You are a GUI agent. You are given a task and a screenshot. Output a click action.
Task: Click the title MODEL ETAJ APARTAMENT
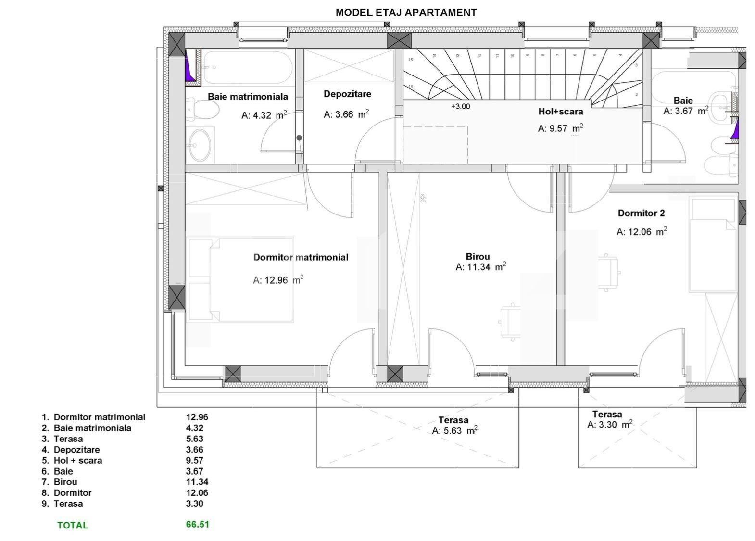406,13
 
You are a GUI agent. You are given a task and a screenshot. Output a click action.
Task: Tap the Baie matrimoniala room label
248,97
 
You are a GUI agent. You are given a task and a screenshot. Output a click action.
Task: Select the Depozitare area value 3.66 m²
346,114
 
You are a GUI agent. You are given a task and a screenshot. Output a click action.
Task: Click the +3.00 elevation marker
460,107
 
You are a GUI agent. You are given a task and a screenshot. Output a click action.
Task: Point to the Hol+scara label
560,112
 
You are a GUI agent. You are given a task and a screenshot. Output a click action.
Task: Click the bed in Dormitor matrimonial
240,279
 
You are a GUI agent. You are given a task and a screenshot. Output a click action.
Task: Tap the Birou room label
478,257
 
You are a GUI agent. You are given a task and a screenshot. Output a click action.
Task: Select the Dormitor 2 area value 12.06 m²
642,232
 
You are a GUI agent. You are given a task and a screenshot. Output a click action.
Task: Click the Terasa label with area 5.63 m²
453,420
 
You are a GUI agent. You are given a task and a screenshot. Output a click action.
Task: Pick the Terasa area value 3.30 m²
609,425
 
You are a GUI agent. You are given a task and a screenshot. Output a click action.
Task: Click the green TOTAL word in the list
73,526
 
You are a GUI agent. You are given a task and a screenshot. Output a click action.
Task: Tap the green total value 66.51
197,524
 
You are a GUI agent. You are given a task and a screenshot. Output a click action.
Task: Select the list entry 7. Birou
59,482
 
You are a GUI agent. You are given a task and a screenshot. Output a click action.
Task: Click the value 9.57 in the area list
195,460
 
